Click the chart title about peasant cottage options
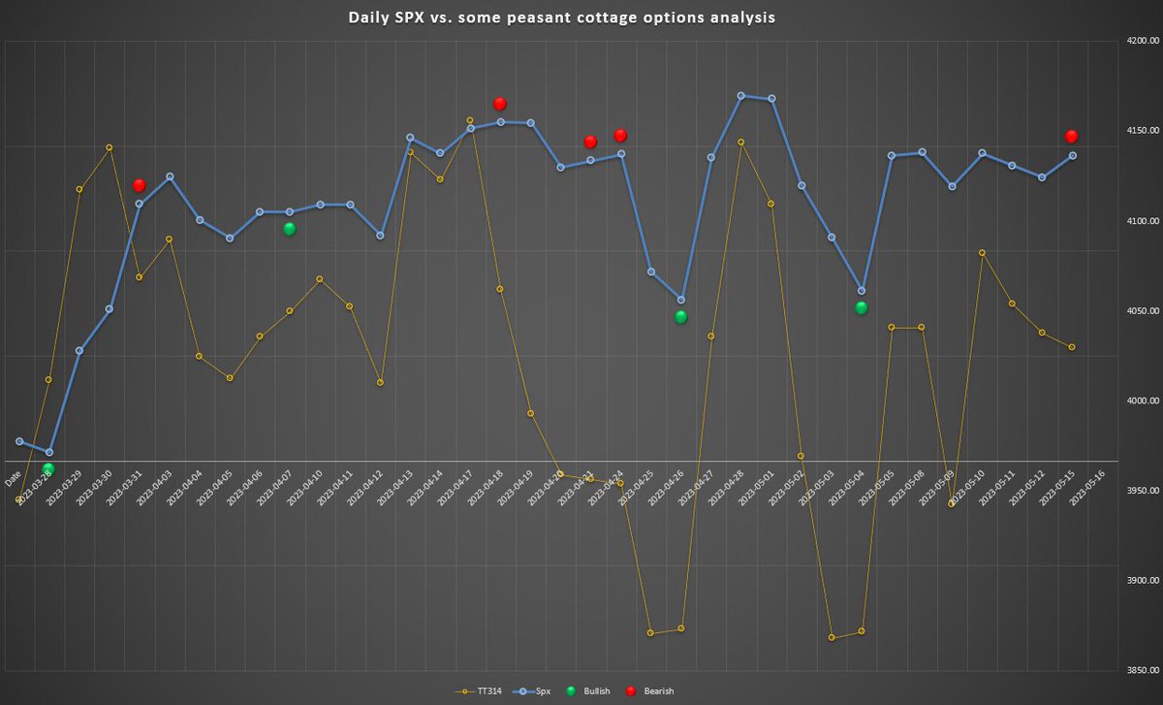click(x=562, y=18)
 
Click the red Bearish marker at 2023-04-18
click(x=500, y=104)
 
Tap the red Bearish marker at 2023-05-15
click(x=1072, y=137)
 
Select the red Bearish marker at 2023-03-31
click(x=139, y=185)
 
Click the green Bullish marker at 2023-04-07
click(x=289, y=229)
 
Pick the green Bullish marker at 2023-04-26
click(x=680, y=317)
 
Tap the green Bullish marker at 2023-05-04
click(x=861, y=308)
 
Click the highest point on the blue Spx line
click(x=741, y=96)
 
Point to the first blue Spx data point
click(x=19, y=441)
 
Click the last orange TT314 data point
click(x=1072, y=347)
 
